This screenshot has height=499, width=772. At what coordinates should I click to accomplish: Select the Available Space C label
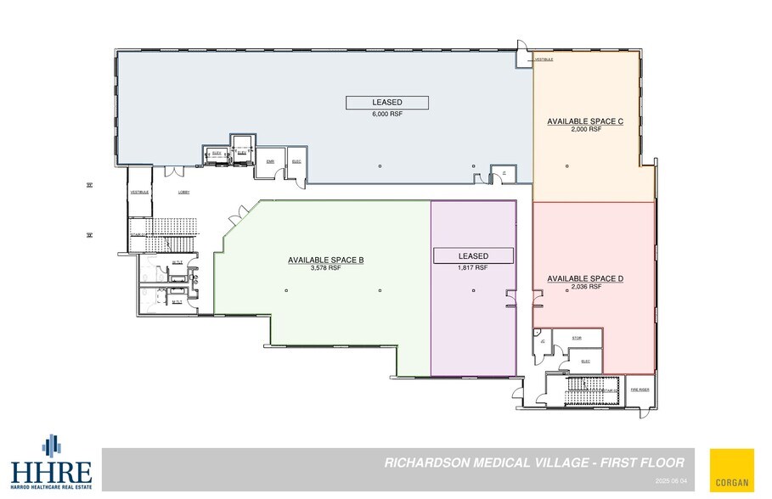[585, 121]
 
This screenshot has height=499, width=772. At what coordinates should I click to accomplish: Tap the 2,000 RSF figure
[585, 129]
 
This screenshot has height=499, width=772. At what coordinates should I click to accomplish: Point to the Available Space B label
[326, 260]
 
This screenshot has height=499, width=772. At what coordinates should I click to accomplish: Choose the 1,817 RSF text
[473, 267]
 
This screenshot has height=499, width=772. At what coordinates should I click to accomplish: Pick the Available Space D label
[585, 278]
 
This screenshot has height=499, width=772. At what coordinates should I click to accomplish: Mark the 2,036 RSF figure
[585, 287]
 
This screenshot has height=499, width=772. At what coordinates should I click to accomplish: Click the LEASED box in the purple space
[473, 255]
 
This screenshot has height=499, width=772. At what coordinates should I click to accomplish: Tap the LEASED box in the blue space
[386, 102]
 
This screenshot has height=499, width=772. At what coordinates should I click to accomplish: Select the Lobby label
[183, 193]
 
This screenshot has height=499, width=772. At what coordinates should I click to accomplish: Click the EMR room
[270, 162]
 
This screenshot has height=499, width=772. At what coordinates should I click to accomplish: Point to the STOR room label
[577, 338]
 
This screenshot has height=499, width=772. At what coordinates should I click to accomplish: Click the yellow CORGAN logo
[732, 469]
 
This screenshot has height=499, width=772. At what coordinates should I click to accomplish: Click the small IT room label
[504, 172]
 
